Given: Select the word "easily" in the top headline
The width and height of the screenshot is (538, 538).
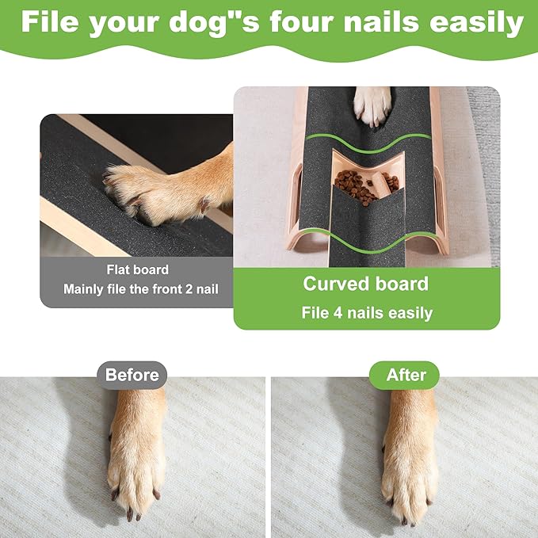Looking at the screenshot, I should click(x=477, y=23).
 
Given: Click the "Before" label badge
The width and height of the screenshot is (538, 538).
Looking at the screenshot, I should click(x=132, y=375).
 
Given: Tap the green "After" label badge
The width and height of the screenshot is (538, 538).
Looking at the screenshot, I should click(x=406, y=375).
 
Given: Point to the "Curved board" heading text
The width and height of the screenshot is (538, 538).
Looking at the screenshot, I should click(x=366, y=284).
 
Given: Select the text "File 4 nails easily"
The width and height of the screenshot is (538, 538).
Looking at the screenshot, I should click(x=366, y=313).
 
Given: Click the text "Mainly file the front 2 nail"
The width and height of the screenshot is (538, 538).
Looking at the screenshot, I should click(x=139, y=290).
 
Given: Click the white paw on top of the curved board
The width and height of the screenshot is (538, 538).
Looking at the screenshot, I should click(x=372, y=105).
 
